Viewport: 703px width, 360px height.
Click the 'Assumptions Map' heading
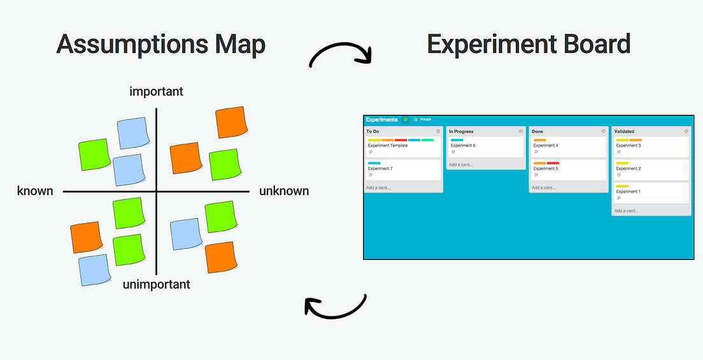160,45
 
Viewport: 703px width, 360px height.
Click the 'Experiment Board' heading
529,45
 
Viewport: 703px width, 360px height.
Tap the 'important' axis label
156,92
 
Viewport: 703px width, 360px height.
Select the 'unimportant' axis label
156,285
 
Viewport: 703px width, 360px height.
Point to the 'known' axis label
35,191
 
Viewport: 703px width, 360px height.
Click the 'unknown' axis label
284,191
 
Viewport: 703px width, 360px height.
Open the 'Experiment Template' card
403,147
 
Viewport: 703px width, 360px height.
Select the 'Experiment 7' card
403,169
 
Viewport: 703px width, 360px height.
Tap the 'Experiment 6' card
485,147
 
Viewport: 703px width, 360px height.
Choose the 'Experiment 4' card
568,147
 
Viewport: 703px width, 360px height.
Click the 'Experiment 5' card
568,169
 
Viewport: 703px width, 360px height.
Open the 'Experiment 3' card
651,147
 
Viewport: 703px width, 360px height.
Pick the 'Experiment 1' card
651,192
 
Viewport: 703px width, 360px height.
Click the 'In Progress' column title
461,131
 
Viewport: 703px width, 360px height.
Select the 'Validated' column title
625,131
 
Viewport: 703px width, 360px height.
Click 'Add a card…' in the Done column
545,188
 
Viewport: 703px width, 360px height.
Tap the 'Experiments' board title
381,119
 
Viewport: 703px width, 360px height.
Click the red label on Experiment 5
553,163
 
